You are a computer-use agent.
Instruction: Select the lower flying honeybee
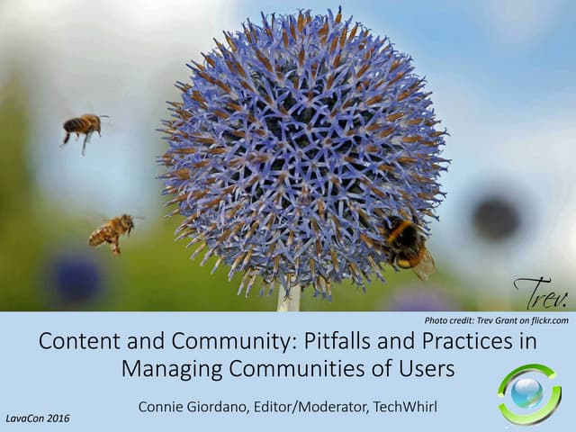pos(112,231)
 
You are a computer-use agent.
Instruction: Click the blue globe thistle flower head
pos(302,148)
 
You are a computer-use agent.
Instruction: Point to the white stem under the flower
pos(289,300)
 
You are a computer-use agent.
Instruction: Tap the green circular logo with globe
pos(528,393)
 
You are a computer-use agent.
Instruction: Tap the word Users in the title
pos(425,369)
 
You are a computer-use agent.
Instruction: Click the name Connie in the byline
pos(165,407)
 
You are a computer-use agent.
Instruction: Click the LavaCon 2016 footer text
pos(38,418)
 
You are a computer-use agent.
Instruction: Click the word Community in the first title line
pos(198,342)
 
